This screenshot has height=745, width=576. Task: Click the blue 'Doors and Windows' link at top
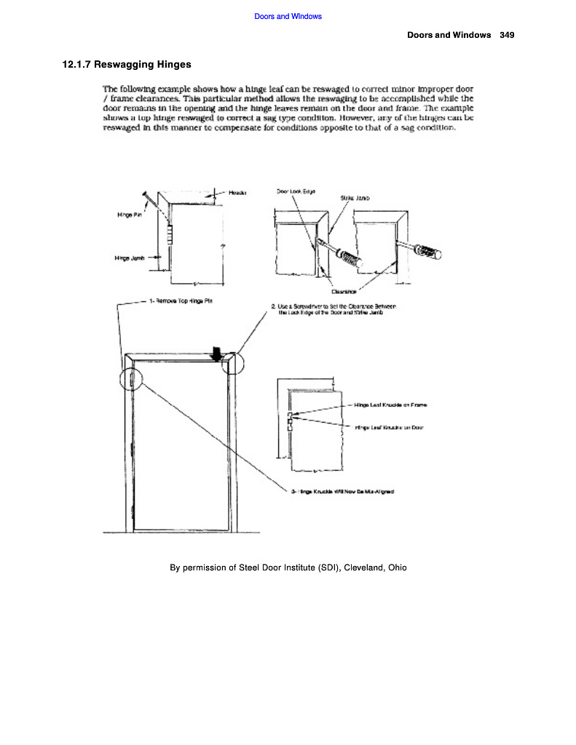[x=288, y=16]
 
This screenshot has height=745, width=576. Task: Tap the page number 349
[x=508, y=35]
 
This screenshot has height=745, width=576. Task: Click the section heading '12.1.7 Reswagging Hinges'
[x=127, y=65]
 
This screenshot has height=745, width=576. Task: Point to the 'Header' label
[x=237, y=193]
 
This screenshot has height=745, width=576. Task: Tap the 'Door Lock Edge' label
[x=295, y=191]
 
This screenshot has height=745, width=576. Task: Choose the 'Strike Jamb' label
[x=352, y=198]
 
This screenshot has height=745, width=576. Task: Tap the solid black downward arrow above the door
[x=216, y=352]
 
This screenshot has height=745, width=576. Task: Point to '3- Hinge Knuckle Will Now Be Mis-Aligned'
[x=342, y=492]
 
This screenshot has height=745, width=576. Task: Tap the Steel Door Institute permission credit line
[x=288, y=567]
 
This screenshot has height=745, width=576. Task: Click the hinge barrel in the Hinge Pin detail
[x=170, y=236]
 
